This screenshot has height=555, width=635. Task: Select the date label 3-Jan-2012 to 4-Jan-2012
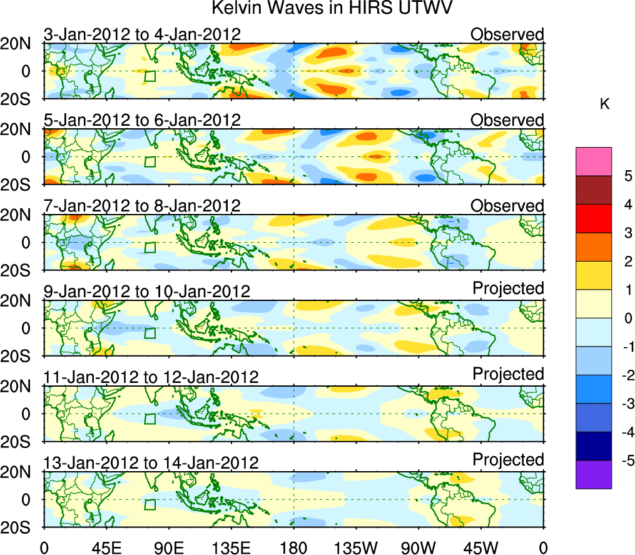(142, 34)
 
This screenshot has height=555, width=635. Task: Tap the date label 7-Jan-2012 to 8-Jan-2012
(142, 206)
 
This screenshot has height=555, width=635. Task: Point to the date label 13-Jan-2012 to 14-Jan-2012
(151, 463)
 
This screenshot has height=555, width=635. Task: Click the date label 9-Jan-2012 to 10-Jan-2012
(146, 292)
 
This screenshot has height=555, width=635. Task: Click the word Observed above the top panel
(507, 34)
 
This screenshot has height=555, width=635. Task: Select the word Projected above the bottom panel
(508, 460)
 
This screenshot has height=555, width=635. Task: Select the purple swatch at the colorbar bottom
(593, 474)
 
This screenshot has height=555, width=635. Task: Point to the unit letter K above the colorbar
(604, 105)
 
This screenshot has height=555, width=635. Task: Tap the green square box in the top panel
(150, 76)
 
